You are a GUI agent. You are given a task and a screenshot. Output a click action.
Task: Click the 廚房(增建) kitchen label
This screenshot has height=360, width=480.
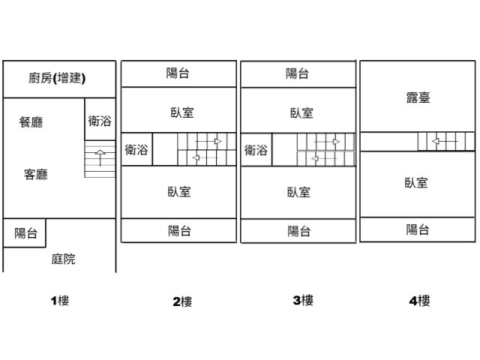57,78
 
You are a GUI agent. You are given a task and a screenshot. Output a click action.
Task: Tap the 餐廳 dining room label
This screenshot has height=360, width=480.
31,122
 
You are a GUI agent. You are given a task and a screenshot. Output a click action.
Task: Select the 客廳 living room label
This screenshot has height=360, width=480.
36,175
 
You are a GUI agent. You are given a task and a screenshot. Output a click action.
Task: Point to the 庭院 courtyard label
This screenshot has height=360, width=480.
63,259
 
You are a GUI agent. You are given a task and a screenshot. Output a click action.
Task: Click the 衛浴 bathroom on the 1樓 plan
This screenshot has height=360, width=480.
100,121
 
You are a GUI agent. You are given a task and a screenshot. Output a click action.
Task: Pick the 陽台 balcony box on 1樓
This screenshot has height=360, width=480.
25,233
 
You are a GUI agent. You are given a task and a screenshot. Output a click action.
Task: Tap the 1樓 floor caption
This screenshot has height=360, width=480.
59,301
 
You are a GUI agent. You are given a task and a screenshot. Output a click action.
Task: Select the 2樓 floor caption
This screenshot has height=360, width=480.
182,301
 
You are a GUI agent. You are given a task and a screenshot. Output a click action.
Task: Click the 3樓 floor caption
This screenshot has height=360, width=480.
303,300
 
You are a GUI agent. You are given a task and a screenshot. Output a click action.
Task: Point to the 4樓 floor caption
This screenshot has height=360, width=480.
419,301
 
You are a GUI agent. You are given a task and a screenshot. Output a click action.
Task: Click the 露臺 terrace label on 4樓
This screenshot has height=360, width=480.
418,97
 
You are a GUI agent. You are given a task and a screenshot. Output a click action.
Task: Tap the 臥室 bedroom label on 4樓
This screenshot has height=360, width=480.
416,182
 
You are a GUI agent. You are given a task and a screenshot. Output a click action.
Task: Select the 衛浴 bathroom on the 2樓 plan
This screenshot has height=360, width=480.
136,149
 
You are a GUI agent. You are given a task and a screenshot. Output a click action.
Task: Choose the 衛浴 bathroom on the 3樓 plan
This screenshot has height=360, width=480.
256,150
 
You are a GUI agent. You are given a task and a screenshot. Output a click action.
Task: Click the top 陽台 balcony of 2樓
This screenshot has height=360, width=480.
178,73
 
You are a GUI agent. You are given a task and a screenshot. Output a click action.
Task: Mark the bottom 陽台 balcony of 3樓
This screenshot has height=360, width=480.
299,231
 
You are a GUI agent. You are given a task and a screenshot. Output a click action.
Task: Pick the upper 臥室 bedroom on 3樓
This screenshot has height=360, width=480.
301,113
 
